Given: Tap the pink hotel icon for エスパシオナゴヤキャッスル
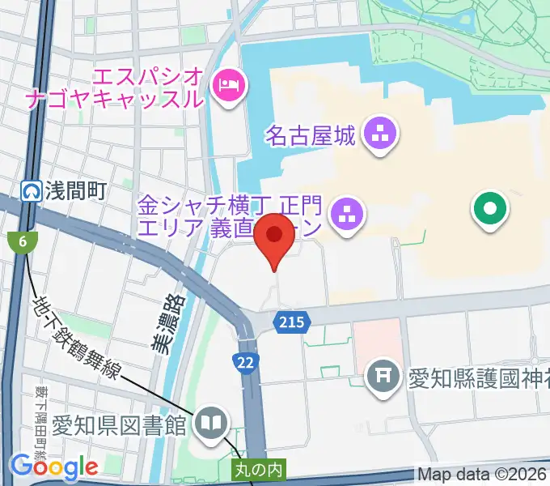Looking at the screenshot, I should pos(227,85).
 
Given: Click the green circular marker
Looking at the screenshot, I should pos(490,211).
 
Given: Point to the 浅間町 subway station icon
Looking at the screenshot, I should pos(31,191).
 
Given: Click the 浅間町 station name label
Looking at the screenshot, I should pos(75,191).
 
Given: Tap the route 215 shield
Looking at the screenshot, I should pos(292,322).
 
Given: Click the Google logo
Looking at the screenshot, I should pos(53,467).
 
